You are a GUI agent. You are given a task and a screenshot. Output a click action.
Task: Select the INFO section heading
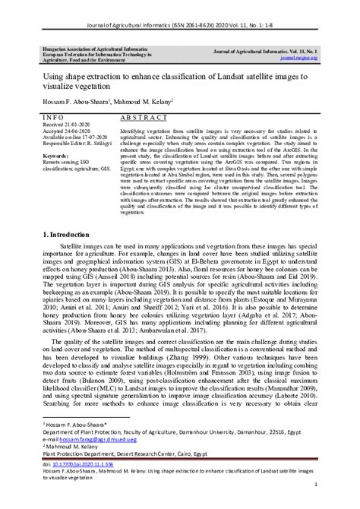coord(53,119)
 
